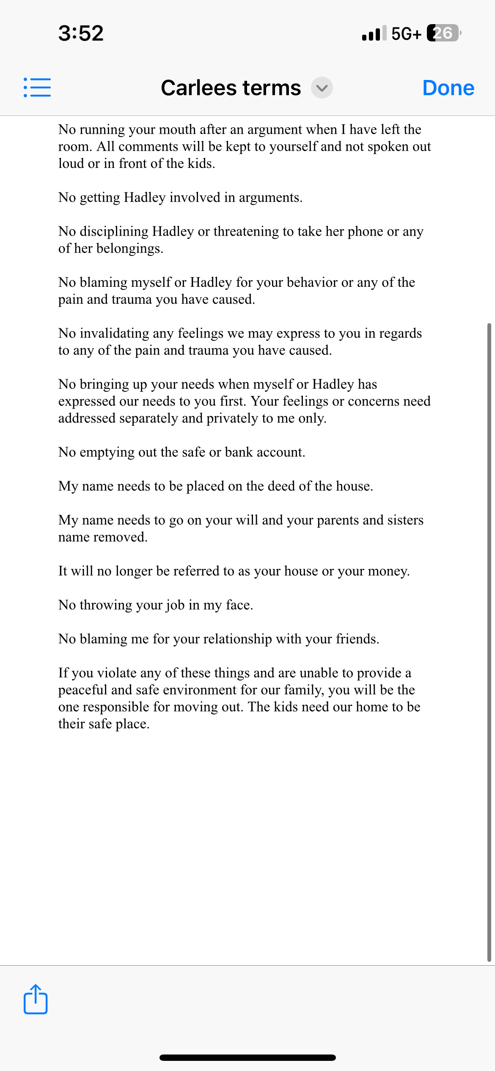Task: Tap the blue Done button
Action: (448, 88)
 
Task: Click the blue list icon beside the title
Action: (37, 88)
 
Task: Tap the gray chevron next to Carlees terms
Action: (322, 88)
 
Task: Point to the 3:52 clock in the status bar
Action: (81, 33)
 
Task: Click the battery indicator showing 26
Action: (443, 33)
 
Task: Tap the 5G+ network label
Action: (406, 33)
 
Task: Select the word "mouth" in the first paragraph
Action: (177, 129)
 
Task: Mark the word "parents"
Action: (338, 520)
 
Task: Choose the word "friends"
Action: (356, 639)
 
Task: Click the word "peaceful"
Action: (83, 690)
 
